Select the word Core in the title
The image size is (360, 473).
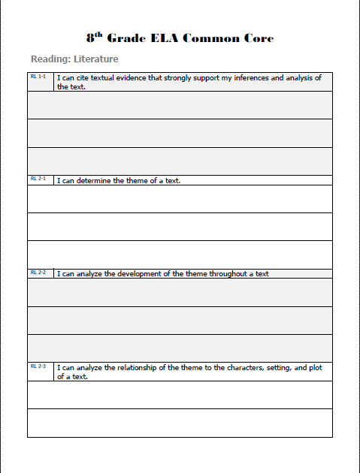click(257, 38)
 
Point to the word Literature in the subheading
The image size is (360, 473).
click(96, 59)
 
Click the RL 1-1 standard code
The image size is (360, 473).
click(38, 77)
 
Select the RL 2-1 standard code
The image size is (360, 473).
click(38, 179)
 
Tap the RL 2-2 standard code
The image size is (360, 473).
click(38, 273)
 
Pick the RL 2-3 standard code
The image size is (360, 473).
click(38, 366)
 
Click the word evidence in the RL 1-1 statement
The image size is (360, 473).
click(131, 78)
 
